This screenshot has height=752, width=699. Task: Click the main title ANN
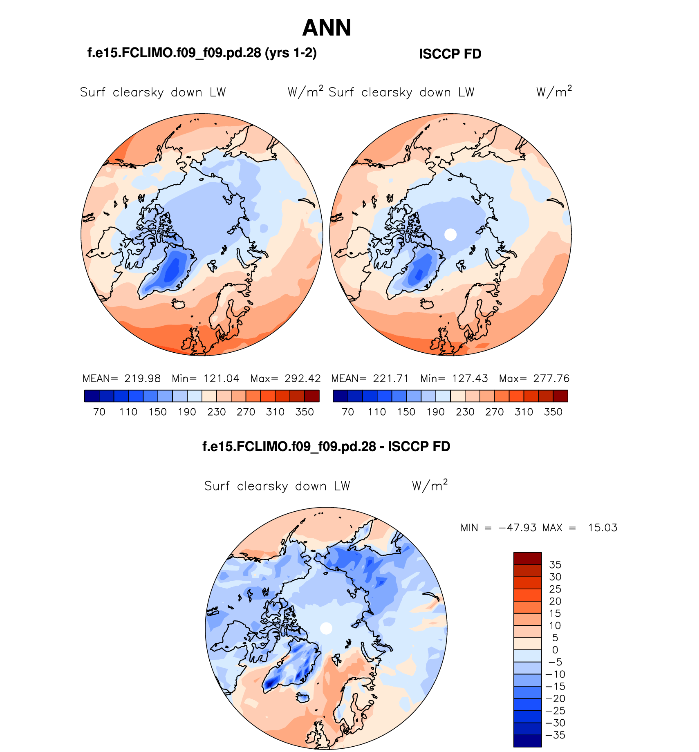pyautogui.click(x=327, y=28)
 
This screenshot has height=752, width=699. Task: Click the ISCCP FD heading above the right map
pyautogui.click(x=450, y=54)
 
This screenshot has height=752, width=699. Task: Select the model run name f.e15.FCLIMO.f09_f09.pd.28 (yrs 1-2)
pyautogui.click(x=202, y=53)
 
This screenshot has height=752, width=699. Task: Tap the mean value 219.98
pyautogui.click(x=143, y=378)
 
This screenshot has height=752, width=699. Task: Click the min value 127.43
pyautogui.click(x=470, y=378)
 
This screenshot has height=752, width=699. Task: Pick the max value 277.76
pyautogui.click(x=551, y=378)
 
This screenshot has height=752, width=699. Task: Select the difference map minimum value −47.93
pyautogui.click(x=518, y=528)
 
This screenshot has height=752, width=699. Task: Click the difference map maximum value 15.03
pyautogui.click(x=603, y=528)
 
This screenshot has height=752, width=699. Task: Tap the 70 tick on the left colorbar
pyautogui.click(x=99, y=412)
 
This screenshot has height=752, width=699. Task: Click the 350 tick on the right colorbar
pyautogui.click(x=553, y=412)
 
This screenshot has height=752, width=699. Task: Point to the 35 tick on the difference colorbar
pyautogui.click(x=555, y=565)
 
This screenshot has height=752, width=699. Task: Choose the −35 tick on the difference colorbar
pyautogui.click(x=555, y=735)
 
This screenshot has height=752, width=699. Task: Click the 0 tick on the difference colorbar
pyautogui.click(x=555, y=650)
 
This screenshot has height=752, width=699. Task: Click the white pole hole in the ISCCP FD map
pyautogui.click(x=450, y=235)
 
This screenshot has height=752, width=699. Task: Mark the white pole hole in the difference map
pyautogui.click(x=326, y=628)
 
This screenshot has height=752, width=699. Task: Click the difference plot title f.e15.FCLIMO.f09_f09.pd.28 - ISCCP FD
pyautogui.click(x=326, y=446)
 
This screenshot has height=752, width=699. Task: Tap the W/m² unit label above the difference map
pyautogui.click(x=430, y=486)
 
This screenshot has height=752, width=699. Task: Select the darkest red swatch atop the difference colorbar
pyautogui.click(x=527, y=559)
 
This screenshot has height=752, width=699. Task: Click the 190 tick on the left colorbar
pyautogui.click(x=187, y=412)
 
